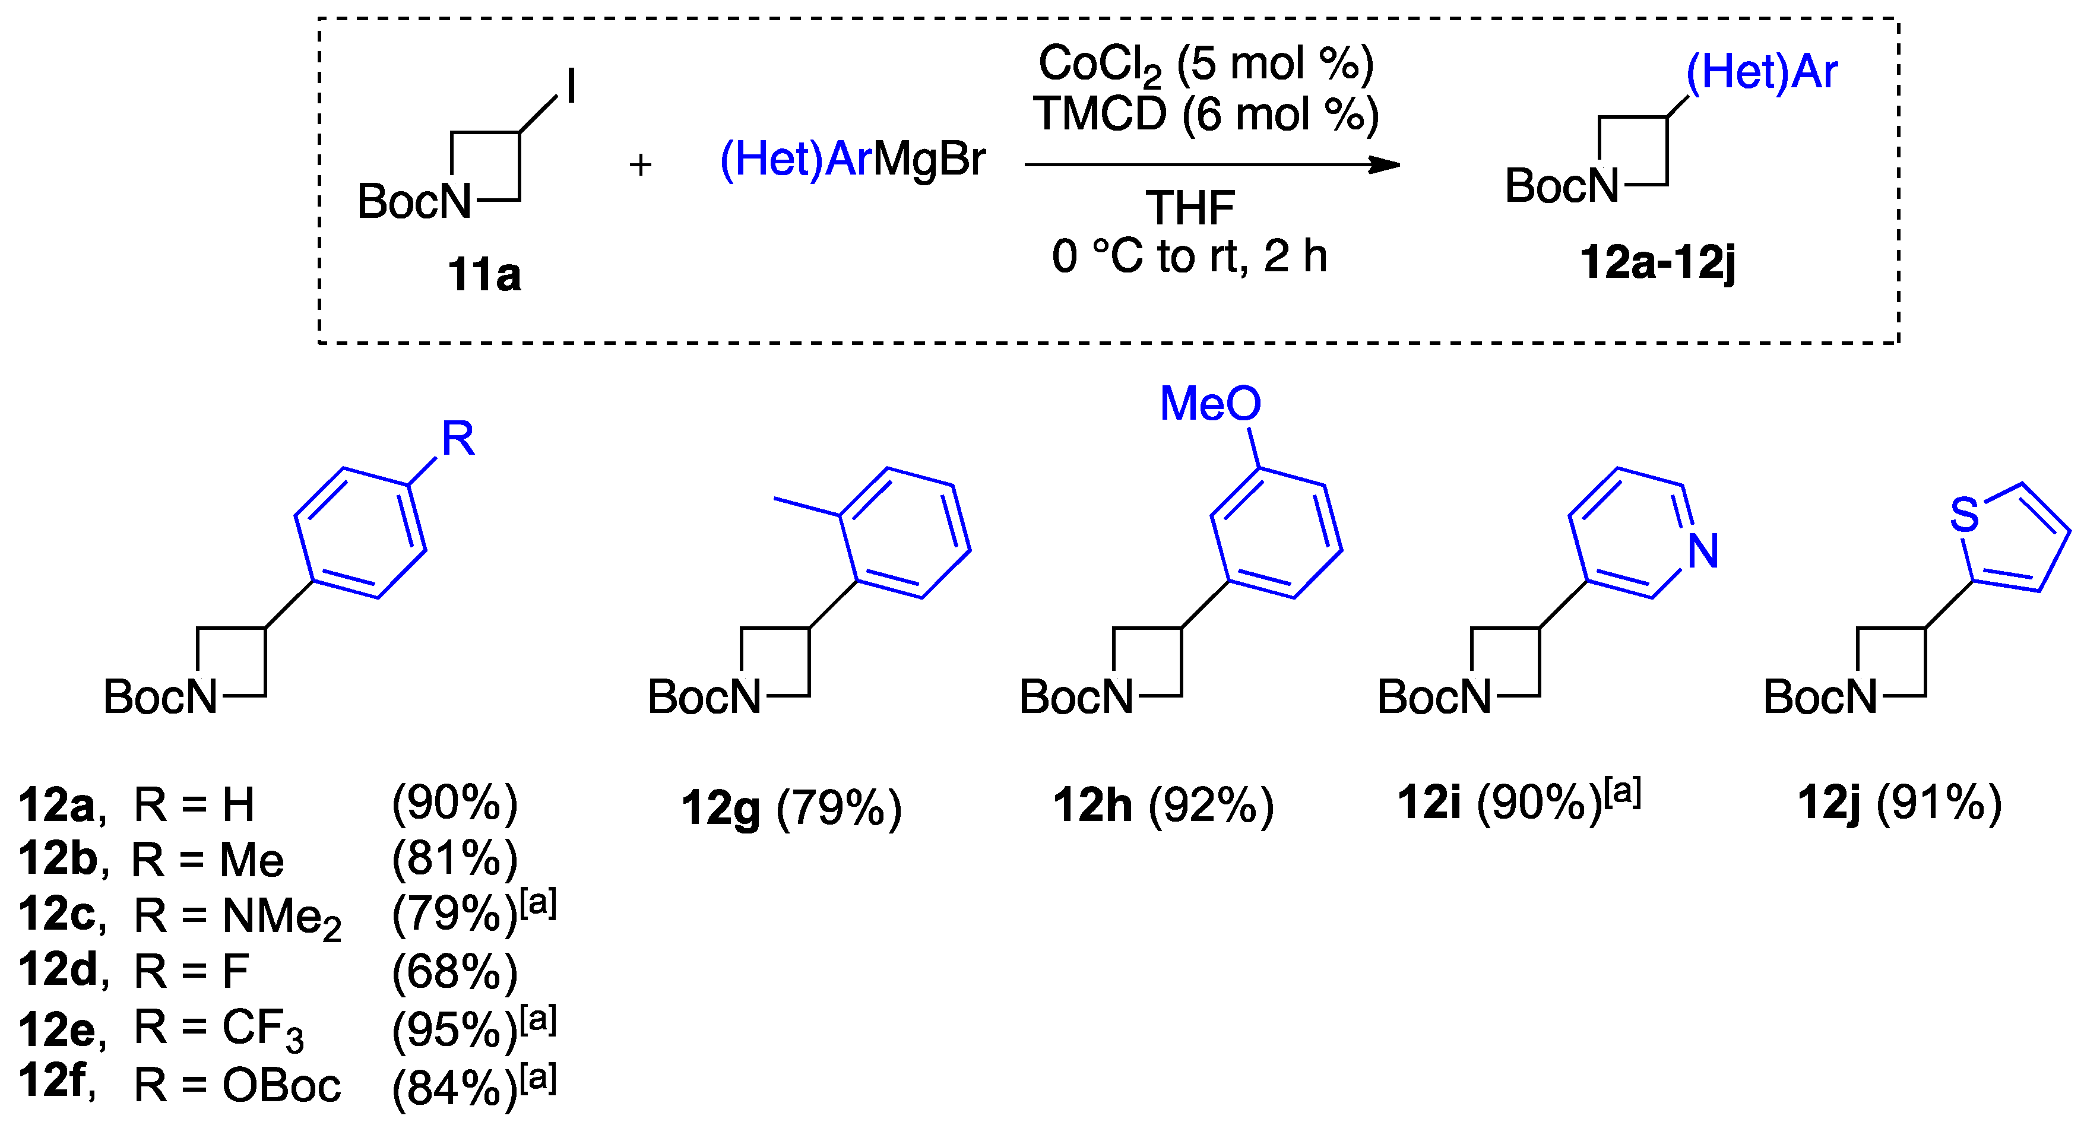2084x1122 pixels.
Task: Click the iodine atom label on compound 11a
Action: click(571, 85)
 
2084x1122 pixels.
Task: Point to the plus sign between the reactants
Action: click(640, 165)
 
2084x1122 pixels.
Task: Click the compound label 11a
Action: click(484, 275)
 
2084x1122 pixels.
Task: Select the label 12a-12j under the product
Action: click(1658, 264)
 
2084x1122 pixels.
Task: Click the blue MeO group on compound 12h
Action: click(1209, 404)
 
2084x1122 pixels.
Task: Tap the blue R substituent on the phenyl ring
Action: click(458, 439)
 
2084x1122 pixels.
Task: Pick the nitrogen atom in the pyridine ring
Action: click(1703, 552)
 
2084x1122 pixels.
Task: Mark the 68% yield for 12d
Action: click(455, 972)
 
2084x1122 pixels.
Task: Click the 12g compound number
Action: click(720, 807)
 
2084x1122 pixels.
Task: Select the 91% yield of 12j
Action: click(1939, 804)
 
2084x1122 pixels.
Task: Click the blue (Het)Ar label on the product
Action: click(1761, 73)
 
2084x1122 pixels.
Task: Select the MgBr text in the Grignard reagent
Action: click(929, 159)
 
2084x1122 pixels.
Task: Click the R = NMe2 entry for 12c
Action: click(237, 917)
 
